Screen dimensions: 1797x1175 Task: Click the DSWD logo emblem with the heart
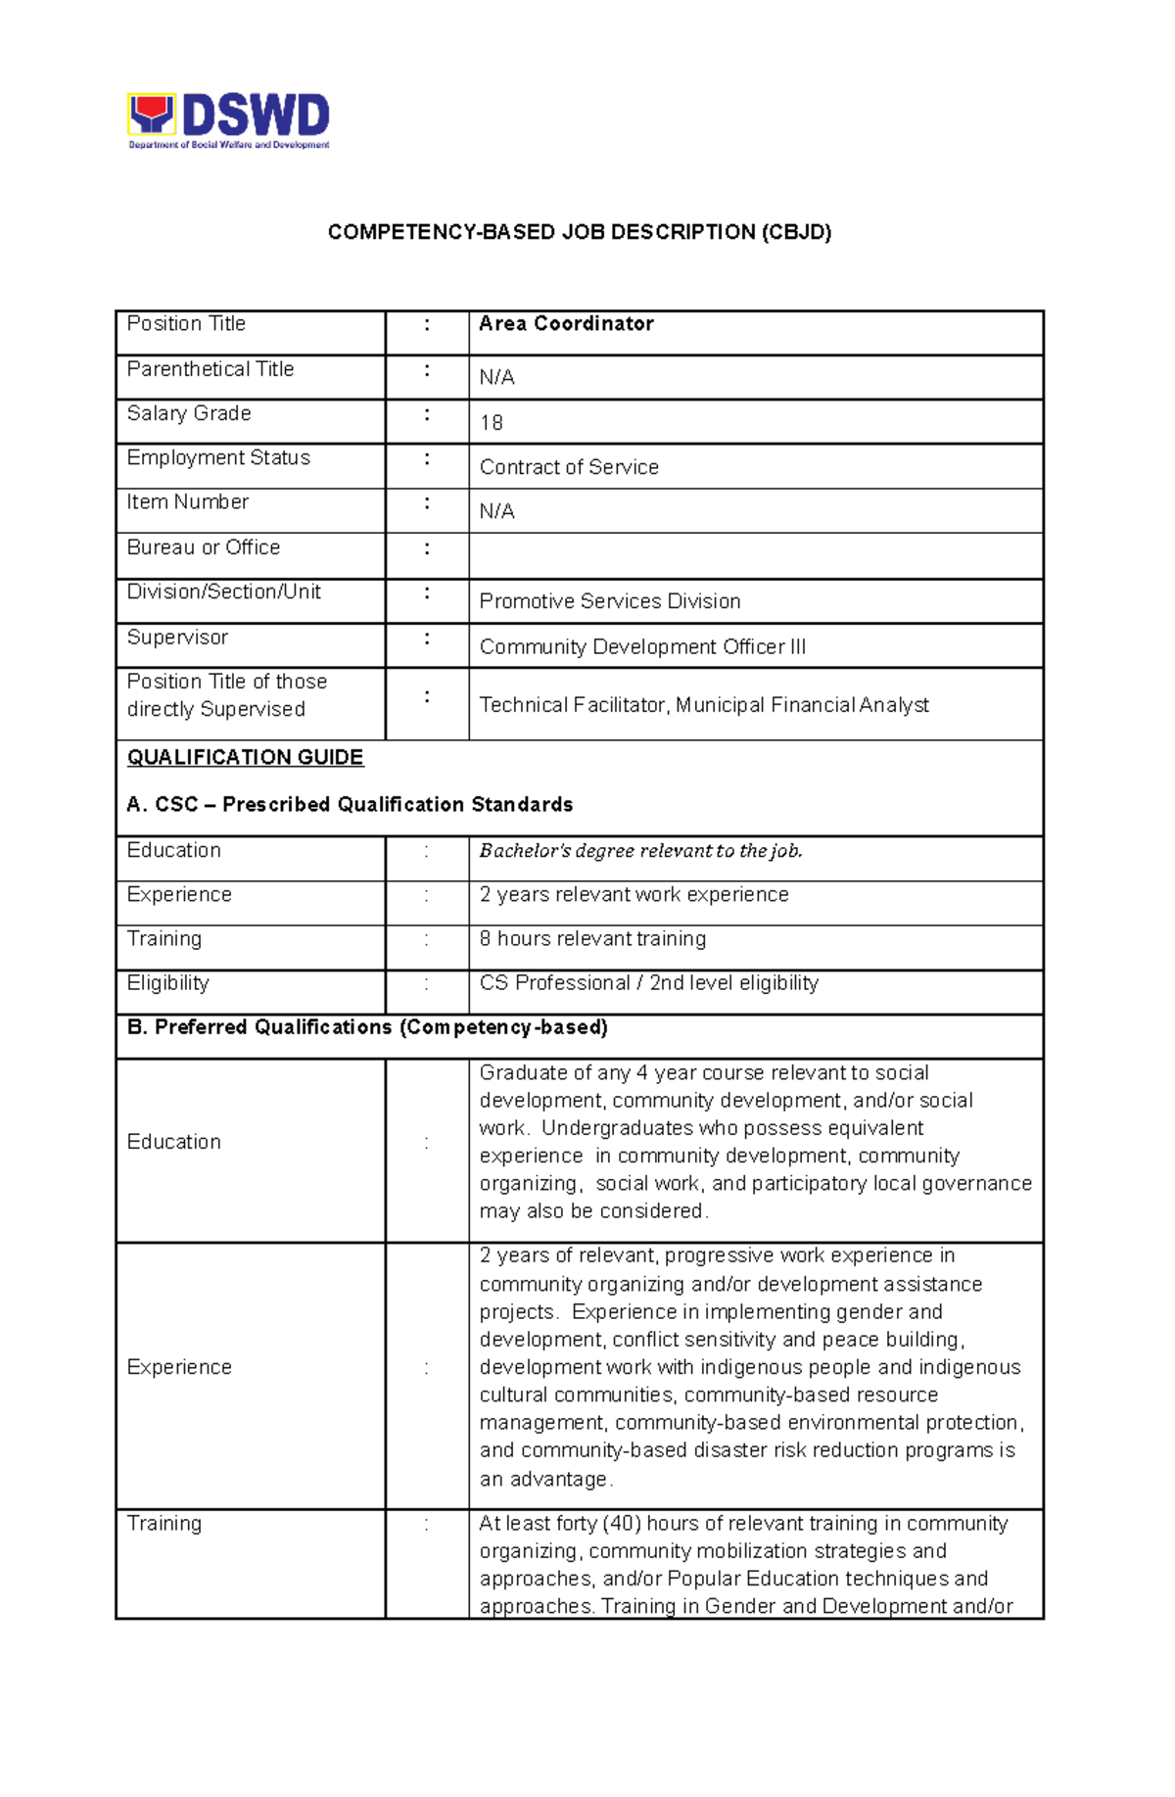(x=152, y=116)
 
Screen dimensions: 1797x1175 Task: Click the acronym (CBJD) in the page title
(x=797, y=232)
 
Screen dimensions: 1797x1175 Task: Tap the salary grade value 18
(x=492, y=423)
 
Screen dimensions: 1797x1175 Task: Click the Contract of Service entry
(x=569, y=468)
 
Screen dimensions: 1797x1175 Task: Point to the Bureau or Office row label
(x=204, y=547)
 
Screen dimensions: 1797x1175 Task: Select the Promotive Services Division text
(x=609, y=601)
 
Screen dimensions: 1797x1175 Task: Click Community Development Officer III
(x=642, y=647)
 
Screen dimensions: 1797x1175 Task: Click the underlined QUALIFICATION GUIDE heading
(x=246, y=758)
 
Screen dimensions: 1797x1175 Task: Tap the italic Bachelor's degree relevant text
(x=640, y=851)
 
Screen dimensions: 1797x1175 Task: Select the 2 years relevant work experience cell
(x=634, y=895)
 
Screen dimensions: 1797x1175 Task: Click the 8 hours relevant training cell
(x=592, y=939)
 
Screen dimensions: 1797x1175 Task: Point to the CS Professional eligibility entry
(x=648, y=983)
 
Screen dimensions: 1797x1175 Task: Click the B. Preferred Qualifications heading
(x=367, y=1027)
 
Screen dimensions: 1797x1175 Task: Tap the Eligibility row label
(x=168, y=983)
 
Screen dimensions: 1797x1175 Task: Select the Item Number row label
(x=188, y=502)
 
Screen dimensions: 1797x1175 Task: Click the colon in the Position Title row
(x=427, y=324)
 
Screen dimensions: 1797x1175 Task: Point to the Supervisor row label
(x=177, y=638)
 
